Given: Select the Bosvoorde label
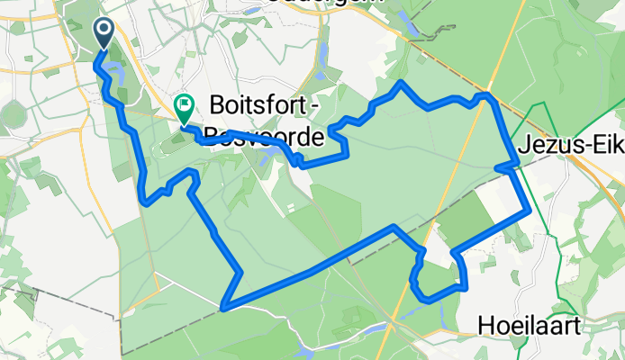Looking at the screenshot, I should (261, 138).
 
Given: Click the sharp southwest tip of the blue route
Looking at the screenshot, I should (222, 307).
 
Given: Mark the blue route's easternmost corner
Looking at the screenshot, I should (528, 211).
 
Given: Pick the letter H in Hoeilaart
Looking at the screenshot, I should (487, 323).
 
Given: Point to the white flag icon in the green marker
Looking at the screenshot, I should (184, 104).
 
